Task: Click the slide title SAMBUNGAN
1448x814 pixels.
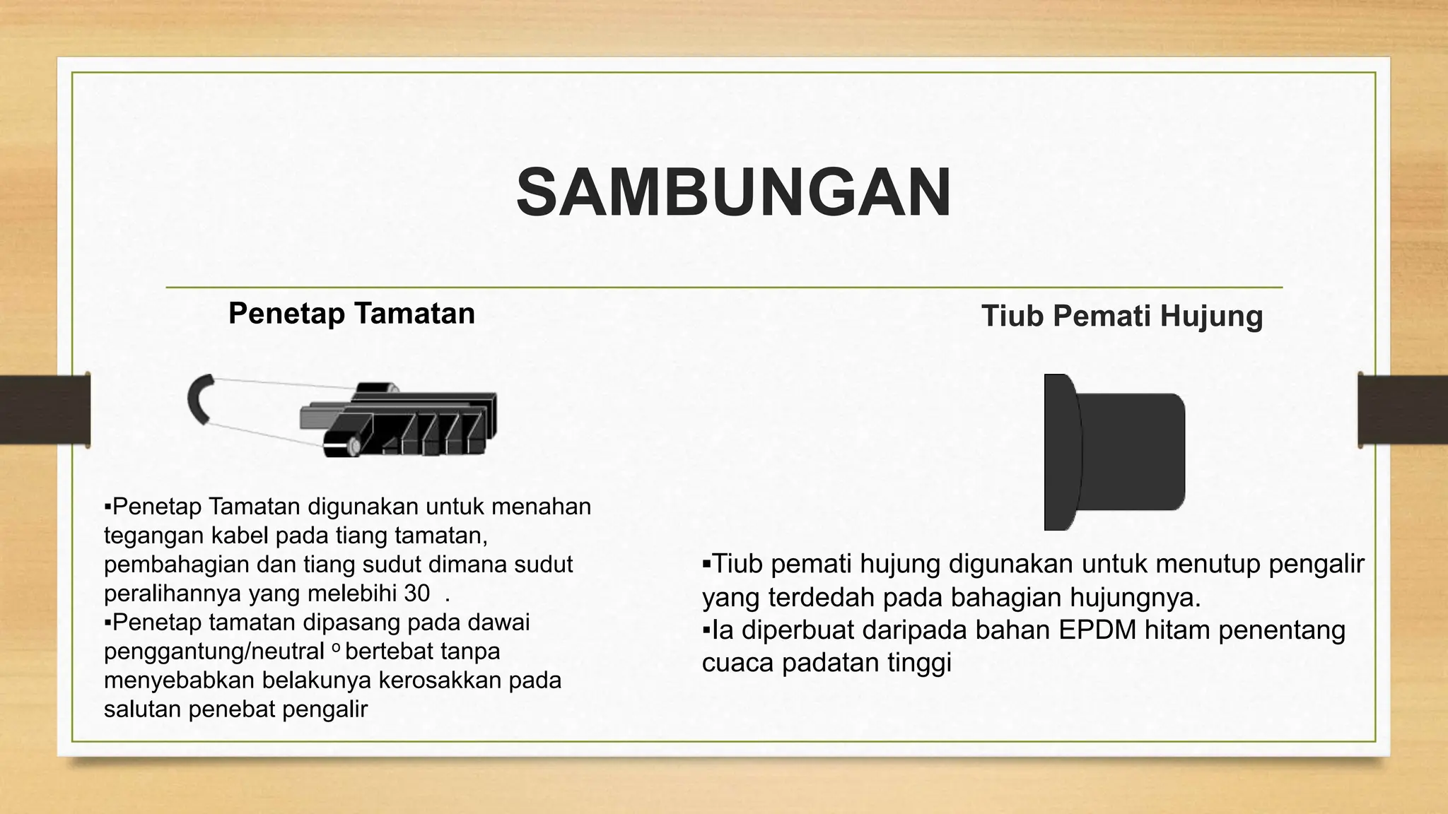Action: (x=733, y=193)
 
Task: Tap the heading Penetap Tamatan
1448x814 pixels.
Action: (x=351, y=313)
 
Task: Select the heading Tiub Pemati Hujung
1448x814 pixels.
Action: (x=1121, y=316)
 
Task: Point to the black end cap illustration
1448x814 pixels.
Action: (x=1113, y=452)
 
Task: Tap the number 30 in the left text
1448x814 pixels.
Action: (x=416, y=594)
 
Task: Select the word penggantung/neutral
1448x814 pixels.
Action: (x=214, y=651)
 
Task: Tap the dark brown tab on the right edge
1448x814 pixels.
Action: (x=1403, y=410)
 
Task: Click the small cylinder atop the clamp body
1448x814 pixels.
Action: (x=377, y=387)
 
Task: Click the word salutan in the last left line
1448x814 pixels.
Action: (x=142, y=709)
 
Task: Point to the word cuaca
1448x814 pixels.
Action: (x=737, y=663)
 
